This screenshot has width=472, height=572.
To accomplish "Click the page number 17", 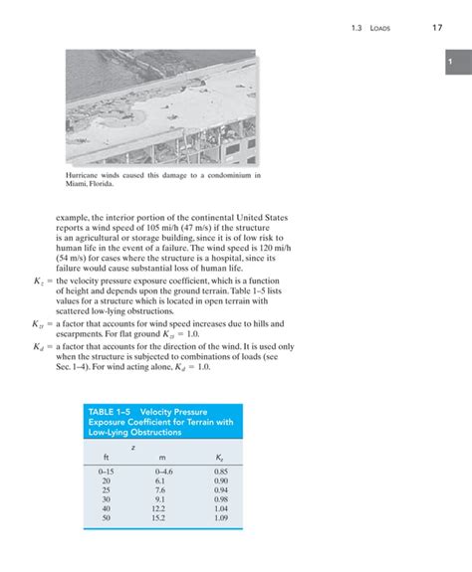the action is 436,27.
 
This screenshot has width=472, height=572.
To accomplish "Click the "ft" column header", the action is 107,457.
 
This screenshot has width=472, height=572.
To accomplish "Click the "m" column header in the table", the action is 162,457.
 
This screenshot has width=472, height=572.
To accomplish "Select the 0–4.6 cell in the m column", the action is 164,471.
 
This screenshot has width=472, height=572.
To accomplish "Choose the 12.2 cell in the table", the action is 162,508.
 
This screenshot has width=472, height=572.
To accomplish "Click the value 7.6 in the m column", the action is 162,489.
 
